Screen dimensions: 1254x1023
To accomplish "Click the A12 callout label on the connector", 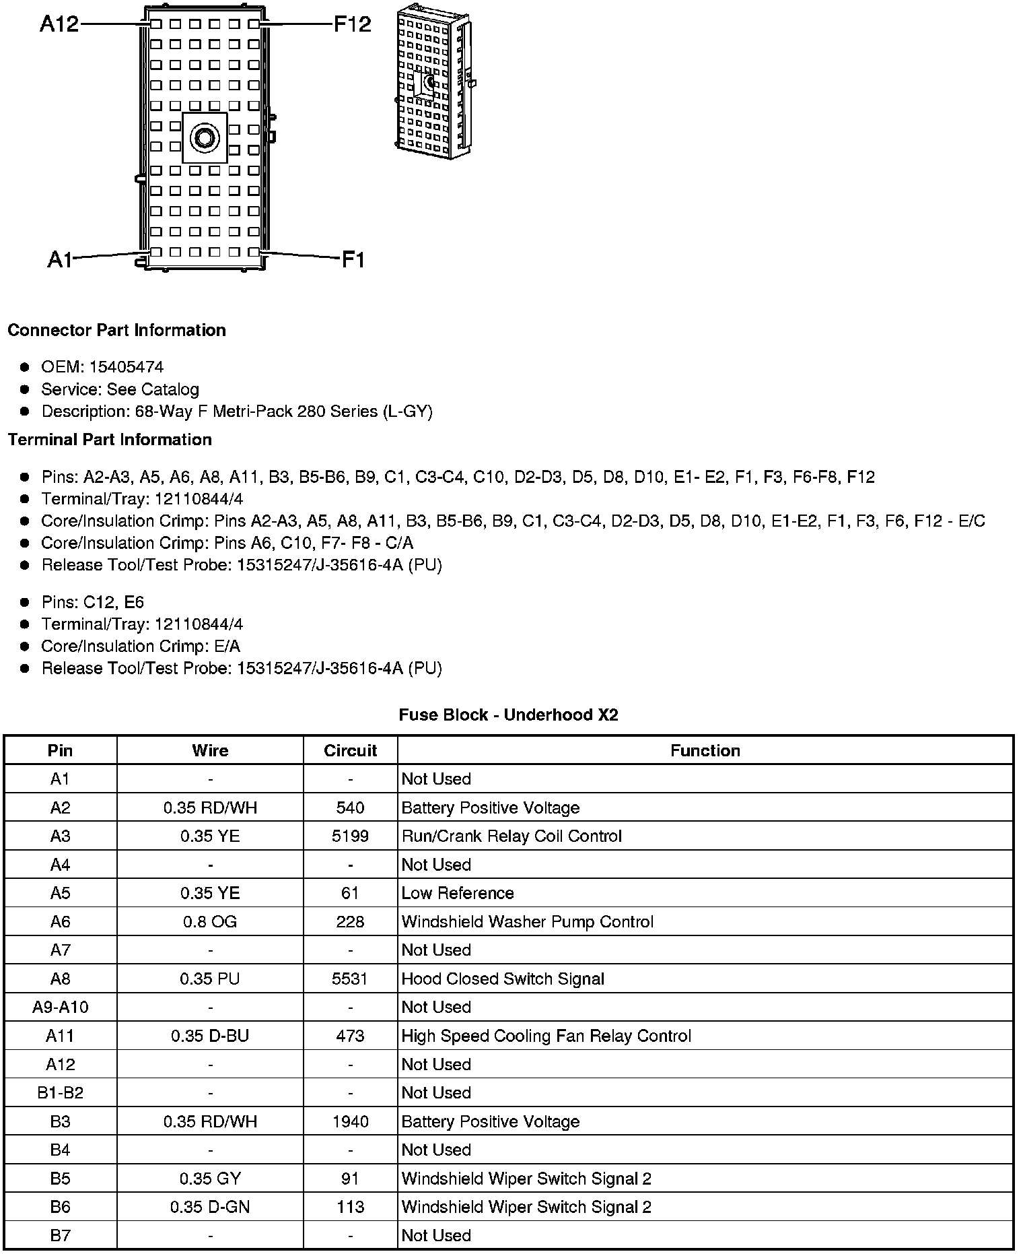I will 59,24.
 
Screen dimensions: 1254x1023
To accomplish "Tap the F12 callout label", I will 352,25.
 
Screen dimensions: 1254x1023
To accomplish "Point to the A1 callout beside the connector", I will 60,259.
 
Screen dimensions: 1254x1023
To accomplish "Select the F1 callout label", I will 353,259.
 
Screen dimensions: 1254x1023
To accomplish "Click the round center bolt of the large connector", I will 205,138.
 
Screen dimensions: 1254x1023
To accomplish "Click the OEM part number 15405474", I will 126,367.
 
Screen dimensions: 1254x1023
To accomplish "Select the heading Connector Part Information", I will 116,330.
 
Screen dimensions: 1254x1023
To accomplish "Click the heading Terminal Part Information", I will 110,440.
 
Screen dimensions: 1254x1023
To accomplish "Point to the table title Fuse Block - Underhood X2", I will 508,715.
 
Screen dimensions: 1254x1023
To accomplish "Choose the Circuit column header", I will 350,750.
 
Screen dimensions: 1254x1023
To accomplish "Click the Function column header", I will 705,750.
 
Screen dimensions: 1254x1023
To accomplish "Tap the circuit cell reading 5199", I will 350,836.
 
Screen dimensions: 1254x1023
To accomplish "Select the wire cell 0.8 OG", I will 210,921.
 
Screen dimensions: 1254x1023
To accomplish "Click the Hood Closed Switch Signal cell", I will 503,979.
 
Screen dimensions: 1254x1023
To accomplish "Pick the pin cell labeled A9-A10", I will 60,1007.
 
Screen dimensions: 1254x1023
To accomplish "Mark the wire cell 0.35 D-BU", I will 210,1036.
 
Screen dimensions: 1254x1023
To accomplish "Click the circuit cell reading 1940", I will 350,1121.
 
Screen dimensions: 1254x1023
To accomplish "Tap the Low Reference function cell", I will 458,893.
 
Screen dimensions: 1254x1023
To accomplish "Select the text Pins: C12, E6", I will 93,602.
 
